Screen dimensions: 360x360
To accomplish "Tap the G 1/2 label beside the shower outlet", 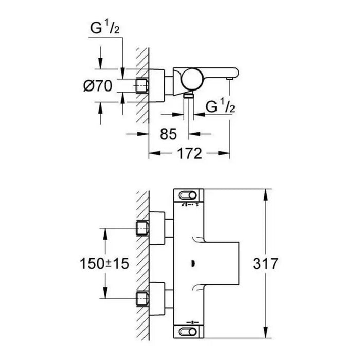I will [220, 107].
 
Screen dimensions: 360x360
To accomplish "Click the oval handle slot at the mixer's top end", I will [188, 196].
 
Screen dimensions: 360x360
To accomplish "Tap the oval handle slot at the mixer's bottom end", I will [188, 330].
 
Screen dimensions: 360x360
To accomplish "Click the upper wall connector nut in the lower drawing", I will [142, 227].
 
